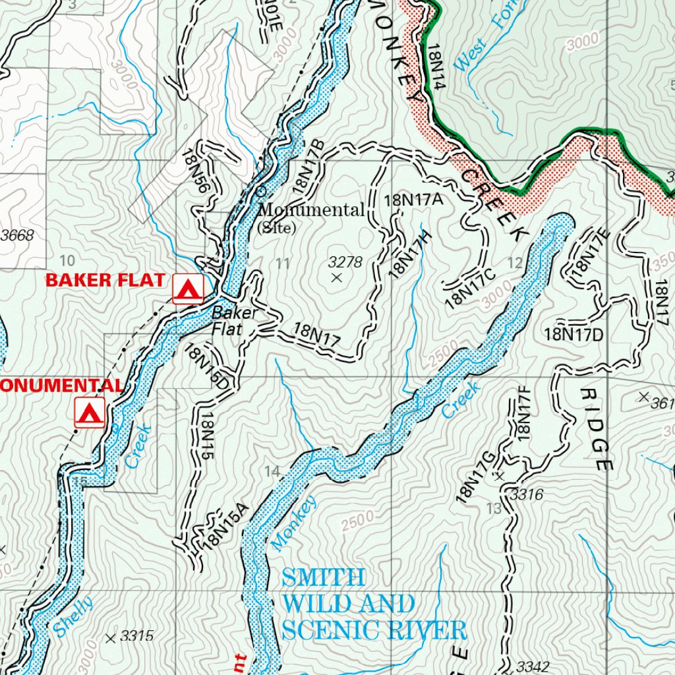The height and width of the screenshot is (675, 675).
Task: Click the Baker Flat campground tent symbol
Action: [188, 289]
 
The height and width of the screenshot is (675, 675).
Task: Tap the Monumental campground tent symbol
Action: [90, 413]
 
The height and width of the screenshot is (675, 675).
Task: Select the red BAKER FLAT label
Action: [105, 279]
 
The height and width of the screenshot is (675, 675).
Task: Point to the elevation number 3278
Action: [345, 262]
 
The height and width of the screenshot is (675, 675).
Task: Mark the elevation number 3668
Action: [17, 235]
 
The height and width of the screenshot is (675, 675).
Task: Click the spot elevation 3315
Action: [137, 636]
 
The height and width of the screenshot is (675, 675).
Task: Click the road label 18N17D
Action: [573, 334]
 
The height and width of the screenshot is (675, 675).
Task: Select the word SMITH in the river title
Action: [322, 578]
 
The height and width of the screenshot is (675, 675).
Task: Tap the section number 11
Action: [283, 264]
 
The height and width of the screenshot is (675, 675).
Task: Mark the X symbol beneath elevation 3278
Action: [337, 278]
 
